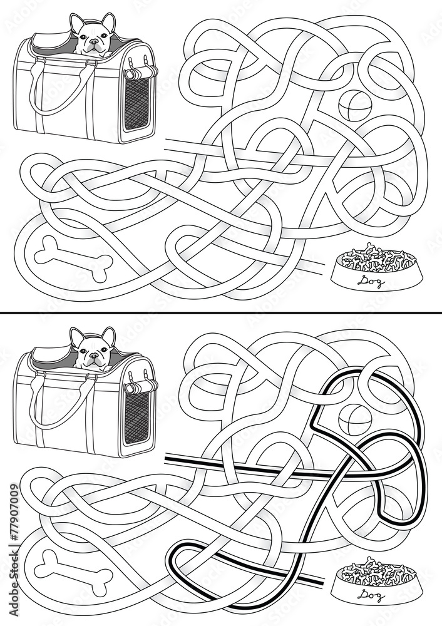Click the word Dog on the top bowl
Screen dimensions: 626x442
pos(370,283)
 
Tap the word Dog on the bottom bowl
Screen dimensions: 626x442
pos(370,595)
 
